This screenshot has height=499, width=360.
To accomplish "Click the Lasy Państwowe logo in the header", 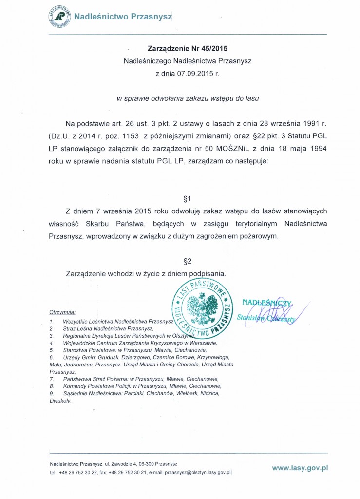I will (x=59, y=16).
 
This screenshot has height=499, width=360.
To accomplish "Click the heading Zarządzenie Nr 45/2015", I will (x=188, y=49).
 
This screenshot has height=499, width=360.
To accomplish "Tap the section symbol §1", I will (x=188, y=199).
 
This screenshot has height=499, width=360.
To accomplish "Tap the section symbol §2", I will (x=188, y=261).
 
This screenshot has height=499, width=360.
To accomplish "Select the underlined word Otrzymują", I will (x=62, y=311).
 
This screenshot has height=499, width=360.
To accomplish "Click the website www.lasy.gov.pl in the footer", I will (x=300, y=467).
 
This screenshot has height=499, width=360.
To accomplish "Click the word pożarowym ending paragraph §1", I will (x=259, y=235).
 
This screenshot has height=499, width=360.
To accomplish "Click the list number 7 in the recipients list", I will (x=51, y=379).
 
